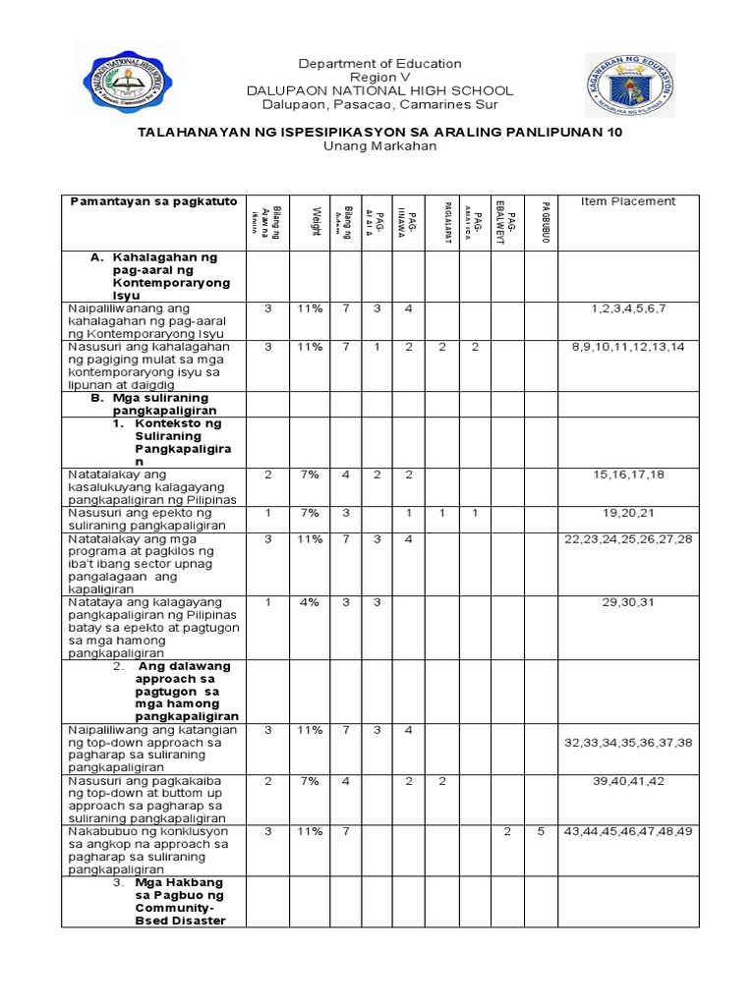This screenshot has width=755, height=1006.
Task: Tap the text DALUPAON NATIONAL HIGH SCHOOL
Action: pyautogui.click(x=379, y=90)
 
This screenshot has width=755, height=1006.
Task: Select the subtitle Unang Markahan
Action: pyautogui.click(x=378, y=145)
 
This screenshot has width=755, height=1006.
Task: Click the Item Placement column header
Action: pyautogui.click(x=628, y=201)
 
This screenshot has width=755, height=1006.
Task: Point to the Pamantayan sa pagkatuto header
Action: pyautogui.click(x=153, y=201)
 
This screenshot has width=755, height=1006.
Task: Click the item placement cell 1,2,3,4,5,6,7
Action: pyautogui.click(x=628, y=308)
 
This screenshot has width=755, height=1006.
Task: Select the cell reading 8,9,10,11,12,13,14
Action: pyautogui.click(x=628, y=347)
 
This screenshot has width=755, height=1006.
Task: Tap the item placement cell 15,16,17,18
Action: pyautogui.click(x=628, y=475)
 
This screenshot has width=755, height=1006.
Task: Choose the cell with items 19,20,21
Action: pyautogui.click(x=628, y=513)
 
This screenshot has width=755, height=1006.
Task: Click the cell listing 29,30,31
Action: pyautogui.click(x=628, y=602)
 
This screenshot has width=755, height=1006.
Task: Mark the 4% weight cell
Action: pyautogui.click(x=310, y=602)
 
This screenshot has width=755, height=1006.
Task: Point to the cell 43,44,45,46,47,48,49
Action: pyautogui.click(x=628, y=832)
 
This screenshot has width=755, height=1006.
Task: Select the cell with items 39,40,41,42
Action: pyautogui.click(x=628, y=781)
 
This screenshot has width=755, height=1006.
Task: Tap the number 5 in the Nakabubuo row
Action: pyautogui.click(x=541, y=832)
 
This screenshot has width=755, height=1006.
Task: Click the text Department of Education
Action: pyautogui.click(x=379, y=64)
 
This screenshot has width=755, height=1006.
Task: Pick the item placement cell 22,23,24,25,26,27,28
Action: pyautogui.click(x=628, y=538)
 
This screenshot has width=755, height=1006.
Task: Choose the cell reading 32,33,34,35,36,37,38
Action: pyautogui.click(x=628, y=743)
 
